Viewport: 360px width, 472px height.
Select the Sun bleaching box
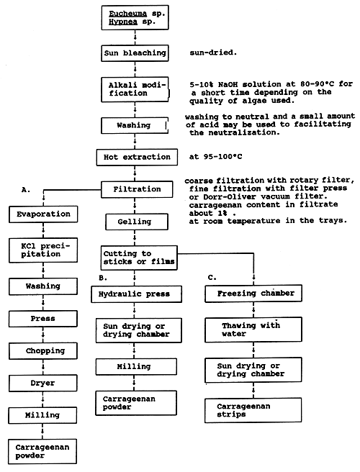134,53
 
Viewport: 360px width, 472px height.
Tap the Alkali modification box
135,90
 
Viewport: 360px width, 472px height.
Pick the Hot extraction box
135,157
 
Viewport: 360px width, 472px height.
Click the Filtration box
137,190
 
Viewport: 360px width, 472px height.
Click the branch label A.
27,189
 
